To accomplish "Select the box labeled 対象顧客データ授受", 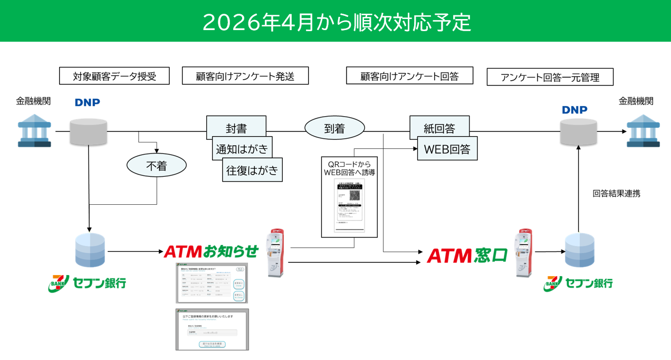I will [x=114, y=76].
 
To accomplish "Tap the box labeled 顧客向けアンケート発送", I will [x=245, y=76].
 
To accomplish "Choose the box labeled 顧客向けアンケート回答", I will [x=409, y=75].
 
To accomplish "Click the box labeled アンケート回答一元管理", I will [x=550, y=77].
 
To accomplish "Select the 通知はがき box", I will [x=242, y=149].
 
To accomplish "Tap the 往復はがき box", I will [x=252, y=170].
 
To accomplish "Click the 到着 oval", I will [x=334, y=128].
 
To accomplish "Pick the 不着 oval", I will [x=156, y=166].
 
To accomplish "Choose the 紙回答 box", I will [x=439, y=128].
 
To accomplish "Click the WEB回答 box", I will [x=447, y=149].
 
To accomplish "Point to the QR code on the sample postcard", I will [x=354, y=195].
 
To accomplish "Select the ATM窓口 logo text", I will [x=467, y=255].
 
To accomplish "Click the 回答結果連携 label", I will [x=616, y=193].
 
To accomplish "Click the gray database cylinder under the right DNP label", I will [x=579, y=132].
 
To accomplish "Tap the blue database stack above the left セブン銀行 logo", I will [x=91, y=251].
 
